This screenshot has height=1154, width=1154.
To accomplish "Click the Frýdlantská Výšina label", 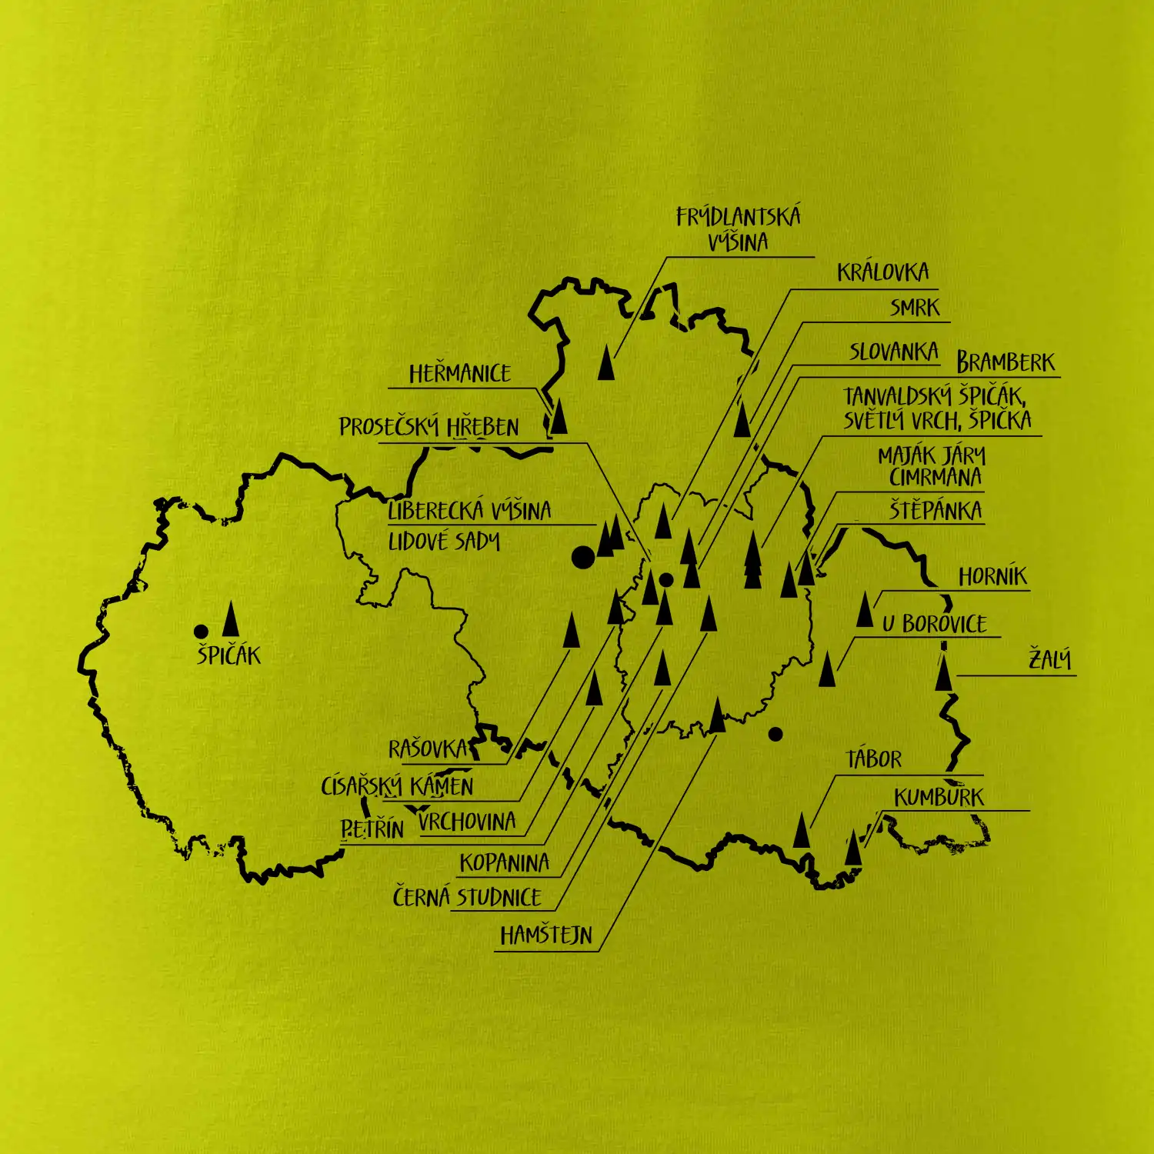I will pyautogui.click(x=738, y=229).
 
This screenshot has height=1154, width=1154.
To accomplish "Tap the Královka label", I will pyautogui.click(x=882, y=272).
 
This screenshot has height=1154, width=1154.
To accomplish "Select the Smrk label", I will pyautogui.click(x=915, y=308).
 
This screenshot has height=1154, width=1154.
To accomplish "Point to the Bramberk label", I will pyautogui.click(x=1006, y=362).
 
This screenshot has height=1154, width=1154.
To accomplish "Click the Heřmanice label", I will pyautogui.click(x=459, y=374).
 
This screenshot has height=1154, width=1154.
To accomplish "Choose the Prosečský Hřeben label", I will pyautogui.click(x=429, y=427).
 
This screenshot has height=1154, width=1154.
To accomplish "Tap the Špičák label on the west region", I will pyautogui.click(x=228, y=655).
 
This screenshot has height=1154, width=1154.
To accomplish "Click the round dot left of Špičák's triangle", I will pyautogui.click(x=201, y=632).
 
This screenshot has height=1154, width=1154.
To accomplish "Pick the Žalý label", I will pyautogui.click(x=1050, y=659).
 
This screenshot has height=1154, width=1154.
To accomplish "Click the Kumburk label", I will pyautogui.click(x=939, y=797).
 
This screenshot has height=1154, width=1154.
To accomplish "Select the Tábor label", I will pyautogui.click(x=873, y=760).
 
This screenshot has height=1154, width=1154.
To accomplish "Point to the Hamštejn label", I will pyautogui.click(x=546, y=936).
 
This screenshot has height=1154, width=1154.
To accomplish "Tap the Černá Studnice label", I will pyautogui.click(x=467, y=898).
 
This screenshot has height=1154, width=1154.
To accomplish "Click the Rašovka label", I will pyautogui.click(x=428, y=749).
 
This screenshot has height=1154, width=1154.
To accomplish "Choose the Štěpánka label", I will pyautogui.click(x=936, y=510).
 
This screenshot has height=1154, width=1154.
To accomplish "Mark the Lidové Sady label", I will pyautogui.click(x=444, y=542).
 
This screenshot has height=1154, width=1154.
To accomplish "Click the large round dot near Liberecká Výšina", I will pyautogui.click(x=583, y=557).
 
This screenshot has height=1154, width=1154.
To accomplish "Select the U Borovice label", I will pyautogui.click(x=934, y=623).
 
